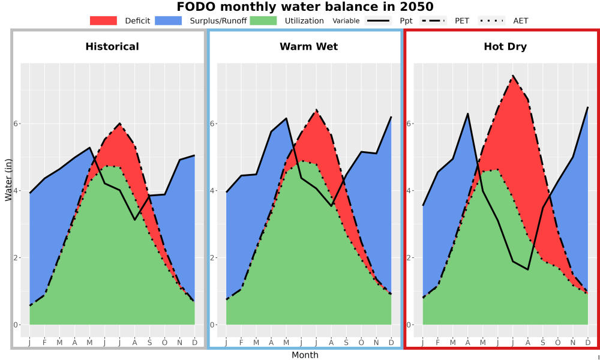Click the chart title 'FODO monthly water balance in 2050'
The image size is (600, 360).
[x=305, y=7]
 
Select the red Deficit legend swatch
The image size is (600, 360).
[x=103, y=20]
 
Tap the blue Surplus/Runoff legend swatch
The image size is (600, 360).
[x=169, y=20]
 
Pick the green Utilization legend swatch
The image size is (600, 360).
[x=263, y=20]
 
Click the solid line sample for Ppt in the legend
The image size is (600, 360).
[x=378, y=20]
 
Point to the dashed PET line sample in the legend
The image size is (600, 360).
[x=433, y=20]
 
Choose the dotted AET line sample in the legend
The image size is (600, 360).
[x=491, y=20]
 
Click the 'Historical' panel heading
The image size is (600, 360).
[x=112, y=47]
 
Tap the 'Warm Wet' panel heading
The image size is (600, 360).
[x=309, y=47]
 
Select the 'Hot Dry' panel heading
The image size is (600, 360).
[x=505, y=47]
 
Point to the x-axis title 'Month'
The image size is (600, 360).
[x=305, y=355]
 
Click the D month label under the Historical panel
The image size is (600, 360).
[x=195, y=343]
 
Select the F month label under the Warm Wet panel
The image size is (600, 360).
[x=241, y=343]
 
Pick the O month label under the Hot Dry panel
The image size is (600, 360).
[x=557, y=343]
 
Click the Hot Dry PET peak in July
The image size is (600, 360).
[x=512, y=76]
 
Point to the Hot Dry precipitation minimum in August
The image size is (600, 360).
[x=527, y=270]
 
